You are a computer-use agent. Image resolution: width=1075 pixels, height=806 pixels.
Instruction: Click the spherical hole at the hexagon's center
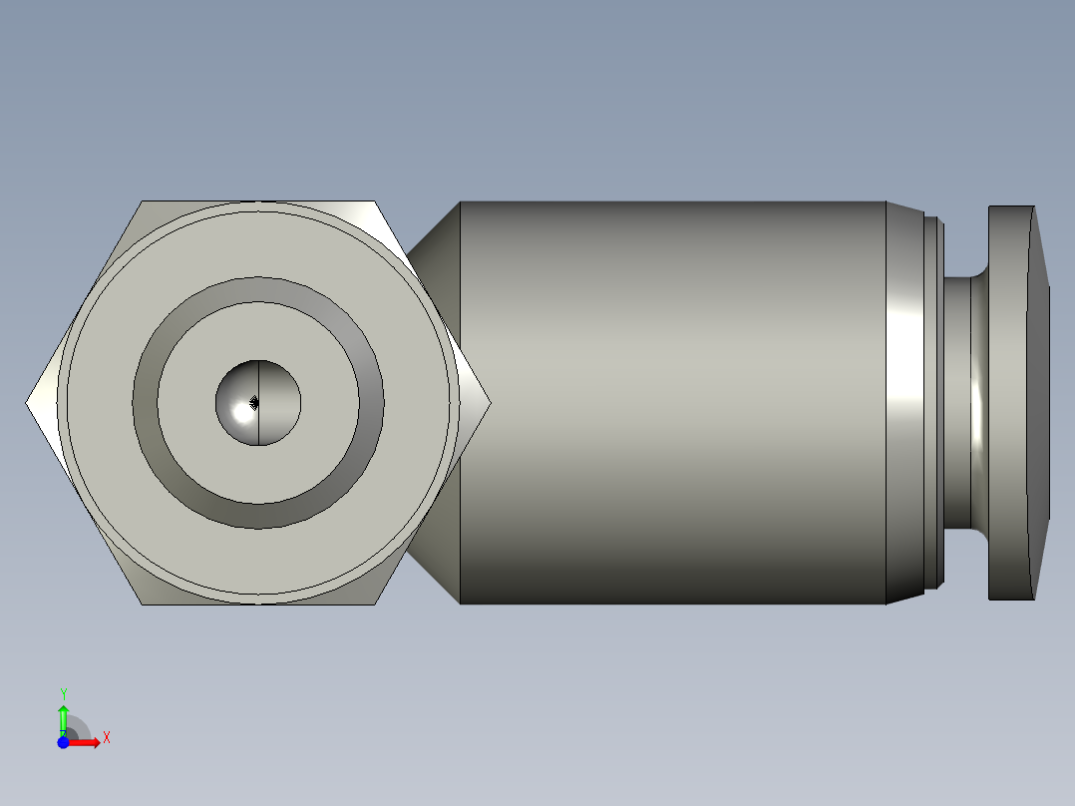point(258,403)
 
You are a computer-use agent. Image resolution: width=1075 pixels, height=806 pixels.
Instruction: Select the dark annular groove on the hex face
point(258,289)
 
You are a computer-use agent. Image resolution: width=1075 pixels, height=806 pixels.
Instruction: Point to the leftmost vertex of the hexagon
point(27,403)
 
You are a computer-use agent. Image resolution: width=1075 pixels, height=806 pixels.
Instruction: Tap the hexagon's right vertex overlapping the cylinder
point(489,403)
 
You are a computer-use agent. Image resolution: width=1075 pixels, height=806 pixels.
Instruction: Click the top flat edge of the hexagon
point(258,202)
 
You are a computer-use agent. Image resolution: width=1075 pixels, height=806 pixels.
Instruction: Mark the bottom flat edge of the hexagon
point(258,604)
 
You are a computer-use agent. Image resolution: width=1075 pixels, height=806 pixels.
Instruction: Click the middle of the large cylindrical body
point(673,403)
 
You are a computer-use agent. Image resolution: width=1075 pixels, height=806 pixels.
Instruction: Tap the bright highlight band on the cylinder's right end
point(905,403)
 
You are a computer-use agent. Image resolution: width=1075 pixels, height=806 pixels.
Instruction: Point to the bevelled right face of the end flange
point(1042,403)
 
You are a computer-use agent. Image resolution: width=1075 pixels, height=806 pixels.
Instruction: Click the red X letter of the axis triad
point(107,738)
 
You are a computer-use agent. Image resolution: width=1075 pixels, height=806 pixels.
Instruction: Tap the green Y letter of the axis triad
point(63,693)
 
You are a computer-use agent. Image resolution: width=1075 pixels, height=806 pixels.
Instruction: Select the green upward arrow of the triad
point(63,716)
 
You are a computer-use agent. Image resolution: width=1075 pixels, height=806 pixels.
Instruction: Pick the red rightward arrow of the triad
point(88,742)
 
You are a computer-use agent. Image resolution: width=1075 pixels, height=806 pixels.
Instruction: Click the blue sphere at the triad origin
point(63,742)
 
